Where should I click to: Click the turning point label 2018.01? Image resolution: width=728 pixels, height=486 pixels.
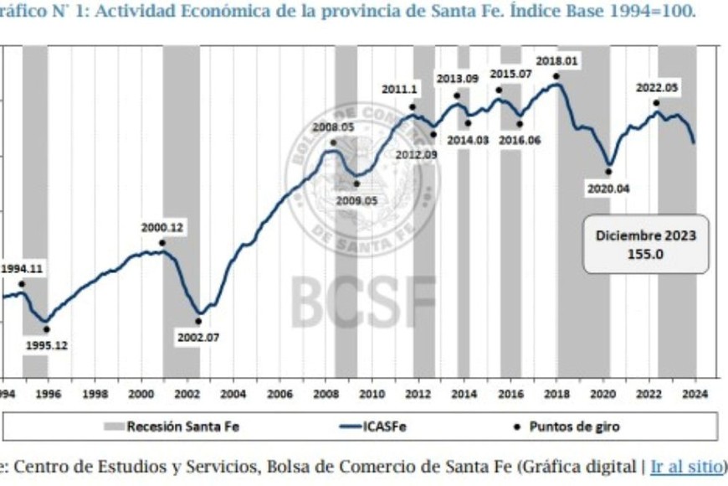click(556, 61)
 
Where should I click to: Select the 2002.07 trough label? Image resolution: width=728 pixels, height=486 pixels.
click(197, 338)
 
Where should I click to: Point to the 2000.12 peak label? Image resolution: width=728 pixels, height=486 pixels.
click(162, 227)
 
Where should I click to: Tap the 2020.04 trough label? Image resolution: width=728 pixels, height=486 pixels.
click(608, 189)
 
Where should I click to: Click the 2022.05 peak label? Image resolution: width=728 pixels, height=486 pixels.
click(657, 87)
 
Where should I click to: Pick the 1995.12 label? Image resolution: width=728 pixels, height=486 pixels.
click(46, 345)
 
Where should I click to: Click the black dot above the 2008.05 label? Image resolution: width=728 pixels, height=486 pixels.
click(333, 142)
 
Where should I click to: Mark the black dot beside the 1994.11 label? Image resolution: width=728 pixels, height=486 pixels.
click(21, 284)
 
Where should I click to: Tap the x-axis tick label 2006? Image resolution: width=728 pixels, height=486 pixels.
click(279, 394)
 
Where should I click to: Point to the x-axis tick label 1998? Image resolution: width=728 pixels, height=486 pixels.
click(95, 394)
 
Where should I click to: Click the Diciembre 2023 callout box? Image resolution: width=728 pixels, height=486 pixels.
click(645, 244)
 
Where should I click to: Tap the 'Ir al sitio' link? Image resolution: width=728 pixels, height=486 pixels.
click(686, 466)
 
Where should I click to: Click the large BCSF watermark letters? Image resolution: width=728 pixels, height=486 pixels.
click(364, 300)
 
